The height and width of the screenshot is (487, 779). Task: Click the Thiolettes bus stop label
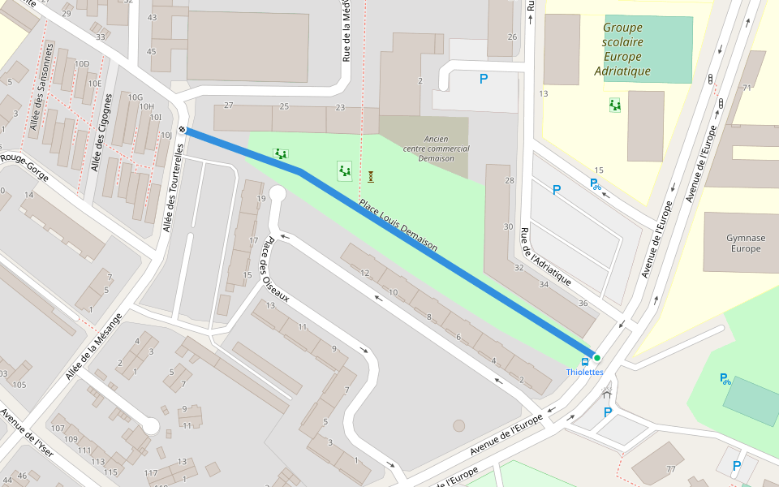pos(584,372)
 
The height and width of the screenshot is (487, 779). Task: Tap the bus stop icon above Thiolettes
pos(585,361)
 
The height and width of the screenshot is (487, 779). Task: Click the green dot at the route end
pos(596,358)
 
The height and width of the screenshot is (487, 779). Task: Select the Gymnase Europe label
pos(745,243)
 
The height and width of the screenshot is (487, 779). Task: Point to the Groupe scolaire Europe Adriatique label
pos(622,50)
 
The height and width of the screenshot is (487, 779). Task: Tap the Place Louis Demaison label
pos(398,225)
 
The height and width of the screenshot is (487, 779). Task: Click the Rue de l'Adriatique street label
pos(545,256)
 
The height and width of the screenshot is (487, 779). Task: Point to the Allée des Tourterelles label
pos(174,187)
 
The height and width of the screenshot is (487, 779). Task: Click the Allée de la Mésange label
pos(93,346)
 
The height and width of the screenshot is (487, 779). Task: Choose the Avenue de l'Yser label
pos(27,433)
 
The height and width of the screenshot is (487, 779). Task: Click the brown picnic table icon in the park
pos(371,176)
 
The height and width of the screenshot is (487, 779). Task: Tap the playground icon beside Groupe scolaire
pos(615,105)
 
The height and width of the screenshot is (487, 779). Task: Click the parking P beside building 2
pos(484,79)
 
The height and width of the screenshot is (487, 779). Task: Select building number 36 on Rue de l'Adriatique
pos(583,303)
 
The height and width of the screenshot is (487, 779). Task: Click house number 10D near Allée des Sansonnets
pos(81,64)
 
